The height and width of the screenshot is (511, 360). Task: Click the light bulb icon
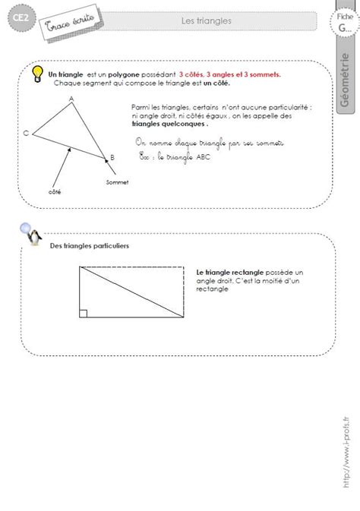point(36,74)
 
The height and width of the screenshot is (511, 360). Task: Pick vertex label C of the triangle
point(27,133)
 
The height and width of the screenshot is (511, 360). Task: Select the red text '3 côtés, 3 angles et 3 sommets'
point(230,75)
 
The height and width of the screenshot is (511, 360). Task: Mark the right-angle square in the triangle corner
point(82,312)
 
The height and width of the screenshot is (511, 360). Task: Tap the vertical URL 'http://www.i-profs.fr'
point(346,456)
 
